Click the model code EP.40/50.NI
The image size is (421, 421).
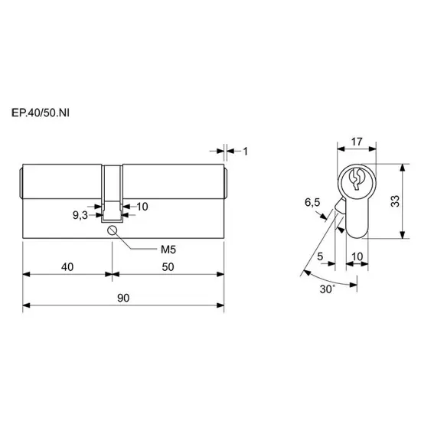click(41, 113)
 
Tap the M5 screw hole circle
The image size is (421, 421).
click(112, 230)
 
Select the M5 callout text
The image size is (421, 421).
click(168, 250)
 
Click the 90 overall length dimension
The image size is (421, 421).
click(123, 298)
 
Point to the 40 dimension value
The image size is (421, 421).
click(67, 267)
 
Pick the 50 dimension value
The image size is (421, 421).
click(168, 267)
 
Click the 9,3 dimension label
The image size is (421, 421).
click(80, 215)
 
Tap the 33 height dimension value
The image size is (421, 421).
click(395, 201)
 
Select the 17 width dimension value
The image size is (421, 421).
click(357, 142)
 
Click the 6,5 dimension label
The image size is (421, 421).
click(312, 202)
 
